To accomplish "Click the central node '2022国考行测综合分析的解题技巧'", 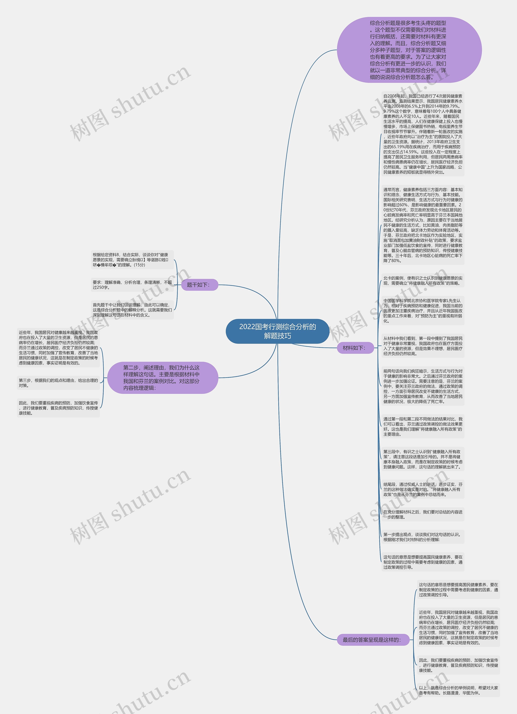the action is [x=277, y=331].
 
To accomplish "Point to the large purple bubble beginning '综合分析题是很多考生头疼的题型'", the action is [x=409, y=50].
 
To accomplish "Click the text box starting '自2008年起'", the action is [x=423, y=134].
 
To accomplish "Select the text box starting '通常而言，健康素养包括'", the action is [x=423, y=225].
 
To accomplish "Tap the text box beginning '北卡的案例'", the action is [x=423, y=280].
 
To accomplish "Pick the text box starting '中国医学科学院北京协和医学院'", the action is [x=423, y=311].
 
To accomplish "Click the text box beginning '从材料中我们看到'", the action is [x=423, y=346].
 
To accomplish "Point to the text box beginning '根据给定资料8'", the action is [x=132, y=260].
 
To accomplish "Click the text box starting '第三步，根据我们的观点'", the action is [x=58, y=383].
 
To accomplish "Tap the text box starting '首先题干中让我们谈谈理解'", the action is [x=132, y=310].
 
